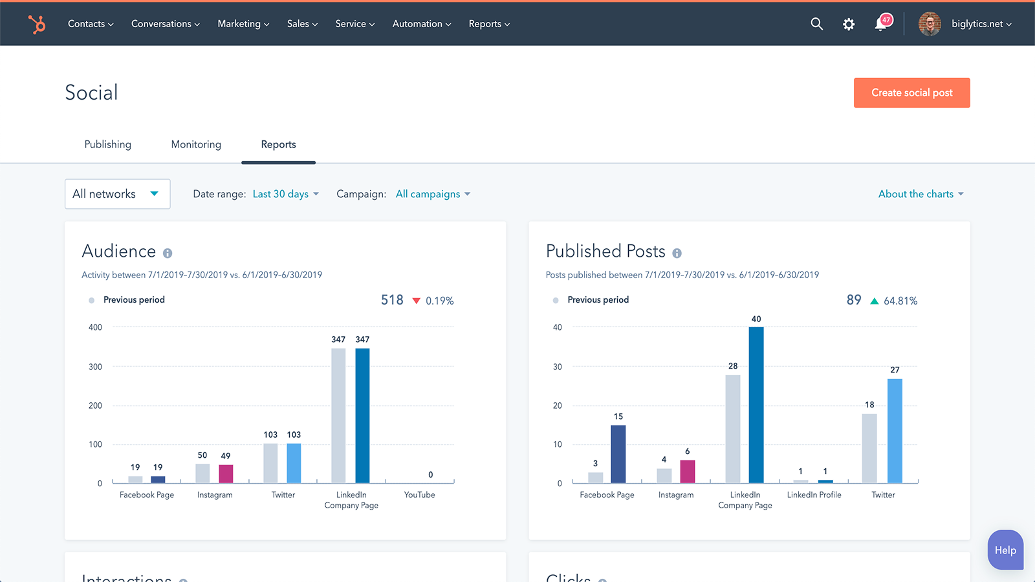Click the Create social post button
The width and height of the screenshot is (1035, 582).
pos(911,92)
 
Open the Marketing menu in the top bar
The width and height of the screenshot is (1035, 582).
pos(243,24)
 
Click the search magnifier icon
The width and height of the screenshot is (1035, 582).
pos(816,24)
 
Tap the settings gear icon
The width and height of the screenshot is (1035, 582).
pos(849,24)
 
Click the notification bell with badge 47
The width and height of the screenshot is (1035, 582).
pos(881,24)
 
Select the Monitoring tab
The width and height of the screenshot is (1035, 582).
pos(196,144)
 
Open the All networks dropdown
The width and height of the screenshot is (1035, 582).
pos(117,194)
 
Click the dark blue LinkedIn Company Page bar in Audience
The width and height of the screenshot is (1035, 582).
pos(362,415)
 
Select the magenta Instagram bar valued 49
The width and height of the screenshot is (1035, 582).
pos(226,473)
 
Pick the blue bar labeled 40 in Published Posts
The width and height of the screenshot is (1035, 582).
pos(756,405)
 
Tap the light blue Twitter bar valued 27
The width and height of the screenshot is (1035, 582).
pos(895,431)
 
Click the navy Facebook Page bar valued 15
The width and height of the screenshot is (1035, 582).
pos(618,454)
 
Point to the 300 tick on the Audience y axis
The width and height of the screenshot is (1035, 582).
pos(95,367)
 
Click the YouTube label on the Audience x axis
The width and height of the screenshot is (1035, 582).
pos(419,495)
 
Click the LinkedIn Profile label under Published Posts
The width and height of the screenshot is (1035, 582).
pos(814,495)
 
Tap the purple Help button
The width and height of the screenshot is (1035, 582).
pos(1005,550)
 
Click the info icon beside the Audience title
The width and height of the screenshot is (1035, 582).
pos(168,253)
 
